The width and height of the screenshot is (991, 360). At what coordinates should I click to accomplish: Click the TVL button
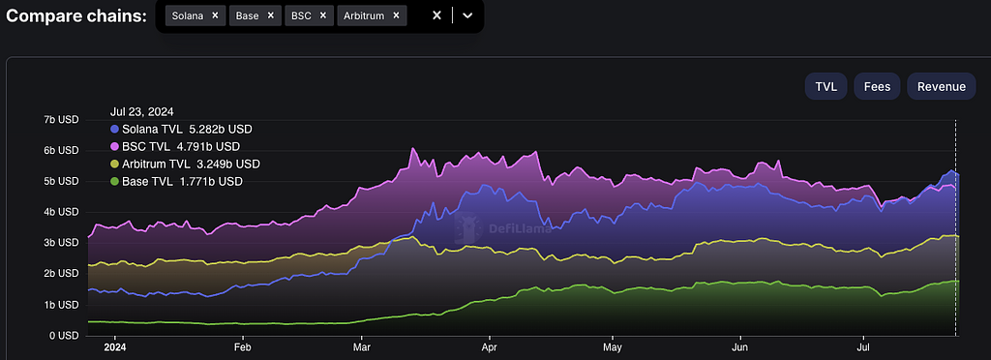826,86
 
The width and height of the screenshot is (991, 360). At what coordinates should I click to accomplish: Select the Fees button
877,86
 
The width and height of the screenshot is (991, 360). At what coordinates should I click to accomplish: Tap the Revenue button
941,86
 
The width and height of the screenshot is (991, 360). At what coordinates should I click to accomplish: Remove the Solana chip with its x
215,15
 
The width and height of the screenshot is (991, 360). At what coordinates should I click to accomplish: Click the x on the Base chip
271,15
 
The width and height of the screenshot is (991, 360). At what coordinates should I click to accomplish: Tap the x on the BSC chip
322,15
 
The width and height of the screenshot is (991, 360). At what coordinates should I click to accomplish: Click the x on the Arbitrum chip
396,15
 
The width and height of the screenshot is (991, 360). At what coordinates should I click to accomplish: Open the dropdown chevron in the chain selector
467,15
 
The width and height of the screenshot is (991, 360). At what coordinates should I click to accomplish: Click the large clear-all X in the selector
436,15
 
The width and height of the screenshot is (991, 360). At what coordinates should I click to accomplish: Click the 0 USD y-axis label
63,336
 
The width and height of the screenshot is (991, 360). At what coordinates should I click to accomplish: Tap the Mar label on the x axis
362,347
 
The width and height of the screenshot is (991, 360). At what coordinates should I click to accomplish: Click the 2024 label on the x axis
114,347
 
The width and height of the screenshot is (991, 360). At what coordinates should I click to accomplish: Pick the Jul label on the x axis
863,347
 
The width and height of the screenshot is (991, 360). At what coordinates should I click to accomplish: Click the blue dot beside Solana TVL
114,130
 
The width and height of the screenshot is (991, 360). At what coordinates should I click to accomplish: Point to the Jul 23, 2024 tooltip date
142,112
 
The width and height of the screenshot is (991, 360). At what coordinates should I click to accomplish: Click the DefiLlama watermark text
520,228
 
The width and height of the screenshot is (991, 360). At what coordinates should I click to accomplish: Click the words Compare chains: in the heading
75,15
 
